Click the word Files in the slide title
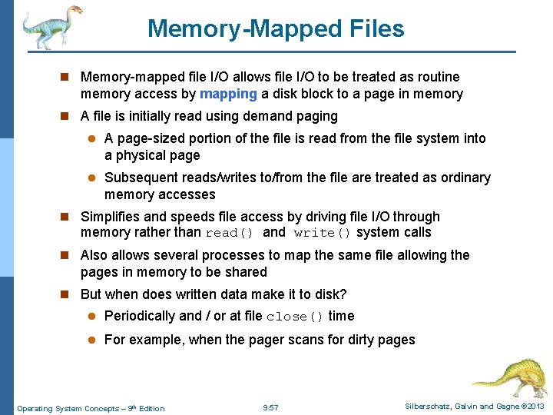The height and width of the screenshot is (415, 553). pyautogui.click(x=366, y=29)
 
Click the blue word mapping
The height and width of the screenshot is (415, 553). pyautogui.click(x=228, y=95)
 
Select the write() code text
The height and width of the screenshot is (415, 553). pyautogui.click(x=322, y=233)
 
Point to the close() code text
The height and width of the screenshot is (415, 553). pyautogui.click(x=295, y=317)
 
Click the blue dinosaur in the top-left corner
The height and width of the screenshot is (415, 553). pyautogui.click(x=51, y=26)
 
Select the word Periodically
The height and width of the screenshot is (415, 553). pyautogui.click(x=139, y=316)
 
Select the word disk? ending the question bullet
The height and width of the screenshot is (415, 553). pyautogui.click(x=330, y=294)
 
